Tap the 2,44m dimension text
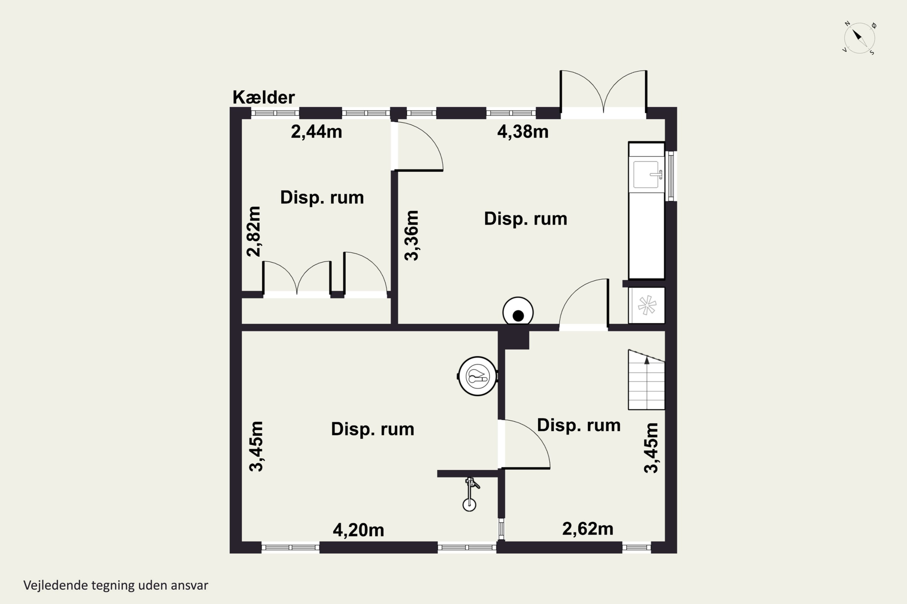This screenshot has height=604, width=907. tap(316, 132)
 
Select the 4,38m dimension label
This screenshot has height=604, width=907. tap(522, 132)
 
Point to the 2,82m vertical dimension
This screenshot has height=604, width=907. tap(254, 231)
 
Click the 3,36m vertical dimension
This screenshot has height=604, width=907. tap(411, 235)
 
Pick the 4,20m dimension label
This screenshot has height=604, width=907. tap(358, 530)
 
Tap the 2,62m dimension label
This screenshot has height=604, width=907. tap(588, 528)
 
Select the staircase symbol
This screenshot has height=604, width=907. tap(646, 380)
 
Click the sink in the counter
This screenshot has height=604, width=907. tap(646, 175)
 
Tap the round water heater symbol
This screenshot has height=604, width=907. tap(477, 376)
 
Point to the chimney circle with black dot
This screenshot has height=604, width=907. tap(518, 312)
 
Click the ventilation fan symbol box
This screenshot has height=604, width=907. tap(646, 305)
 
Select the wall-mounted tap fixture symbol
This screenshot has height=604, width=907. tap(470, 494)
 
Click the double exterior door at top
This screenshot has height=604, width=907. tap(603, 92)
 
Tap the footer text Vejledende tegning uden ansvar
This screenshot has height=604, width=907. tap(116, 585)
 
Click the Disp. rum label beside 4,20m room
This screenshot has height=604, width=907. tap(372, 429)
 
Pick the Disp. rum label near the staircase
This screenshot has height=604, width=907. tap(578, 425)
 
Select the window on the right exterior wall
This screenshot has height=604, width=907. tap(671, 176)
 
